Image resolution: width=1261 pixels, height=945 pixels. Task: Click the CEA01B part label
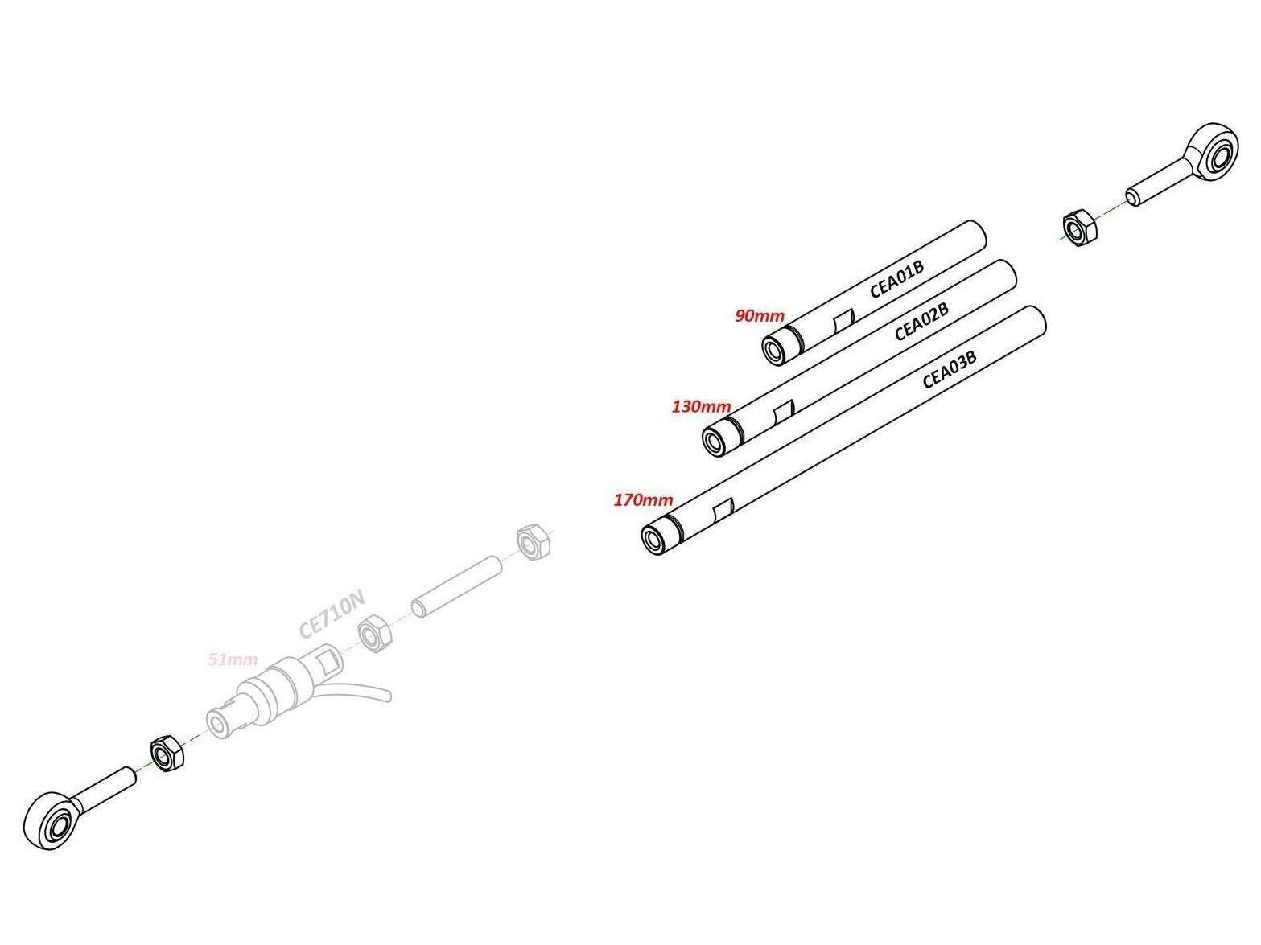[x=896, y=278]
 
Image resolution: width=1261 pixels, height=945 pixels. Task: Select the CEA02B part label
[x=921, y=321]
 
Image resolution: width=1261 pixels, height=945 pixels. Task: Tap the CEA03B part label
[x=949, y=369]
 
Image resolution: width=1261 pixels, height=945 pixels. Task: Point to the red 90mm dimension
[x=760, y=315]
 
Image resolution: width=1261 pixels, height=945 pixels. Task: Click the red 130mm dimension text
[x=702, y=406]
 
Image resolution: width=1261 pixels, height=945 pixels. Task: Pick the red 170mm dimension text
[x=644, y=500]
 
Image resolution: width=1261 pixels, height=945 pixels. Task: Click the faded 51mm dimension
[x=233, y=659]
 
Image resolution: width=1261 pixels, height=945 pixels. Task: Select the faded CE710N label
[x=332, y=613]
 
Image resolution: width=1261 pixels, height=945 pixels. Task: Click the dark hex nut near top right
[x=1078, y=228]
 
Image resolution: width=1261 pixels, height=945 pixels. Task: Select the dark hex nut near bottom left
[x=167, y=754]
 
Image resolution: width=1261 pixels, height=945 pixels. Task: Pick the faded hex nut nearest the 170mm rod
[x=533, y=542]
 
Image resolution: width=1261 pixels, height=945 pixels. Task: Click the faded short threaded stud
[x=456, y=586]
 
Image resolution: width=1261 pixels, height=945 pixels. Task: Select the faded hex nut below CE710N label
[x=374, y=634]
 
